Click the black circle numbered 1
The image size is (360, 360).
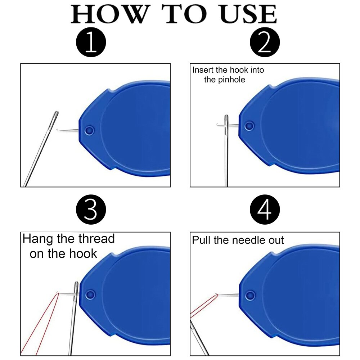pyautogui.click(x=91, y=42)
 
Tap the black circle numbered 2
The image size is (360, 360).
pyautogui.click(x=265, y=42)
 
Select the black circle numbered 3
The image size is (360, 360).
pyautogui.click(x=91, y=210)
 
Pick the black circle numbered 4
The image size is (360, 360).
pyautogui.click(x=265, y=210)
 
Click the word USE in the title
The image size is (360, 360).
pyautogui.click(x=248, y=14)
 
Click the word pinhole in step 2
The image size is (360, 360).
pyautogui.click(x=231, y=80)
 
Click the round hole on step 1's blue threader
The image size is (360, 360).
pyautogui.click(x=89, y=131)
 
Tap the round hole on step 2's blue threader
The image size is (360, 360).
pyautogui.click(x=249, y=126)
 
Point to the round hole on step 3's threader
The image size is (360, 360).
pyautogui.click(x=90, y=294)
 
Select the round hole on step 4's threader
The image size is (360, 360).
pyautogui.click(x=250, y=296)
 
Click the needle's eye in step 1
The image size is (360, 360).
pyautogui.click(x=55, y=119)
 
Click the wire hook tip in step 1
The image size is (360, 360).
pyautogui.click(x=57, y=130)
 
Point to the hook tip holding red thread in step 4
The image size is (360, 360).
pyautogui.click(x=216, y=294)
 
